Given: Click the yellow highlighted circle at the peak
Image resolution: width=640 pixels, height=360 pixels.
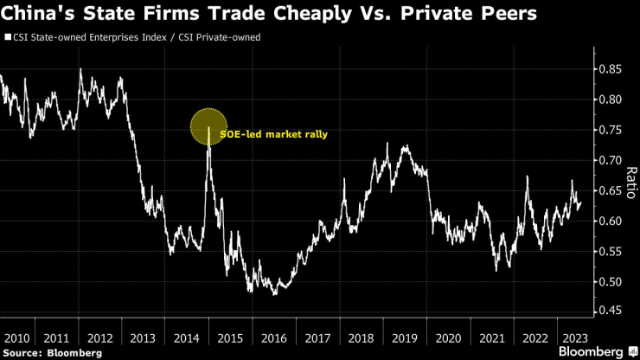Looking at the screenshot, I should click(x=208, y=127).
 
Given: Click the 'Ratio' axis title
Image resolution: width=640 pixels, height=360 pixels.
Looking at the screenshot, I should click(x=630, y=183).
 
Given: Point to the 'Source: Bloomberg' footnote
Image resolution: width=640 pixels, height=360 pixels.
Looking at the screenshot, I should click(x=53, y=352).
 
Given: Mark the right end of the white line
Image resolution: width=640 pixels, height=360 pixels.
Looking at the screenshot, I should click(x=581, y=203).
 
